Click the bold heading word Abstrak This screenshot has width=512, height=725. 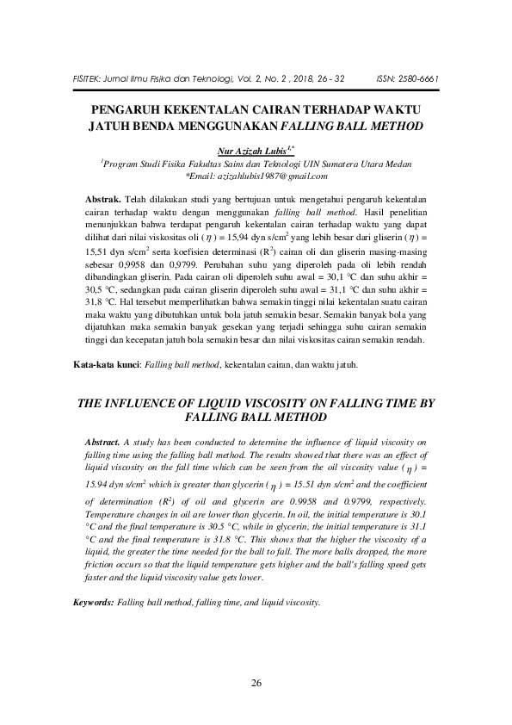[108, 197]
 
